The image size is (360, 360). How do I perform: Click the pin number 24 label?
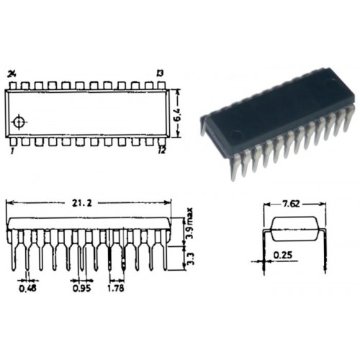pos(12,74)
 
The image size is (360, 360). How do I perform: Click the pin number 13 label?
pos(160,73)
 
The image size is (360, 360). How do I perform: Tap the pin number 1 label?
pos(12,151)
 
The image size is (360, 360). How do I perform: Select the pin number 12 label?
pos(162,150)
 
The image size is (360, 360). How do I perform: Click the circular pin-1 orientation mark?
pos(19,122)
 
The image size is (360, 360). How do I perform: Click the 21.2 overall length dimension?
pos(82,203)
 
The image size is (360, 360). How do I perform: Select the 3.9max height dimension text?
pos(189,223)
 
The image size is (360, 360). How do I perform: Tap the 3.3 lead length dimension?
pos(190,258)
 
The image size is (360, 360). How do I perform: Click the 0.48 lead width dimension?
pos(27,288)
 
